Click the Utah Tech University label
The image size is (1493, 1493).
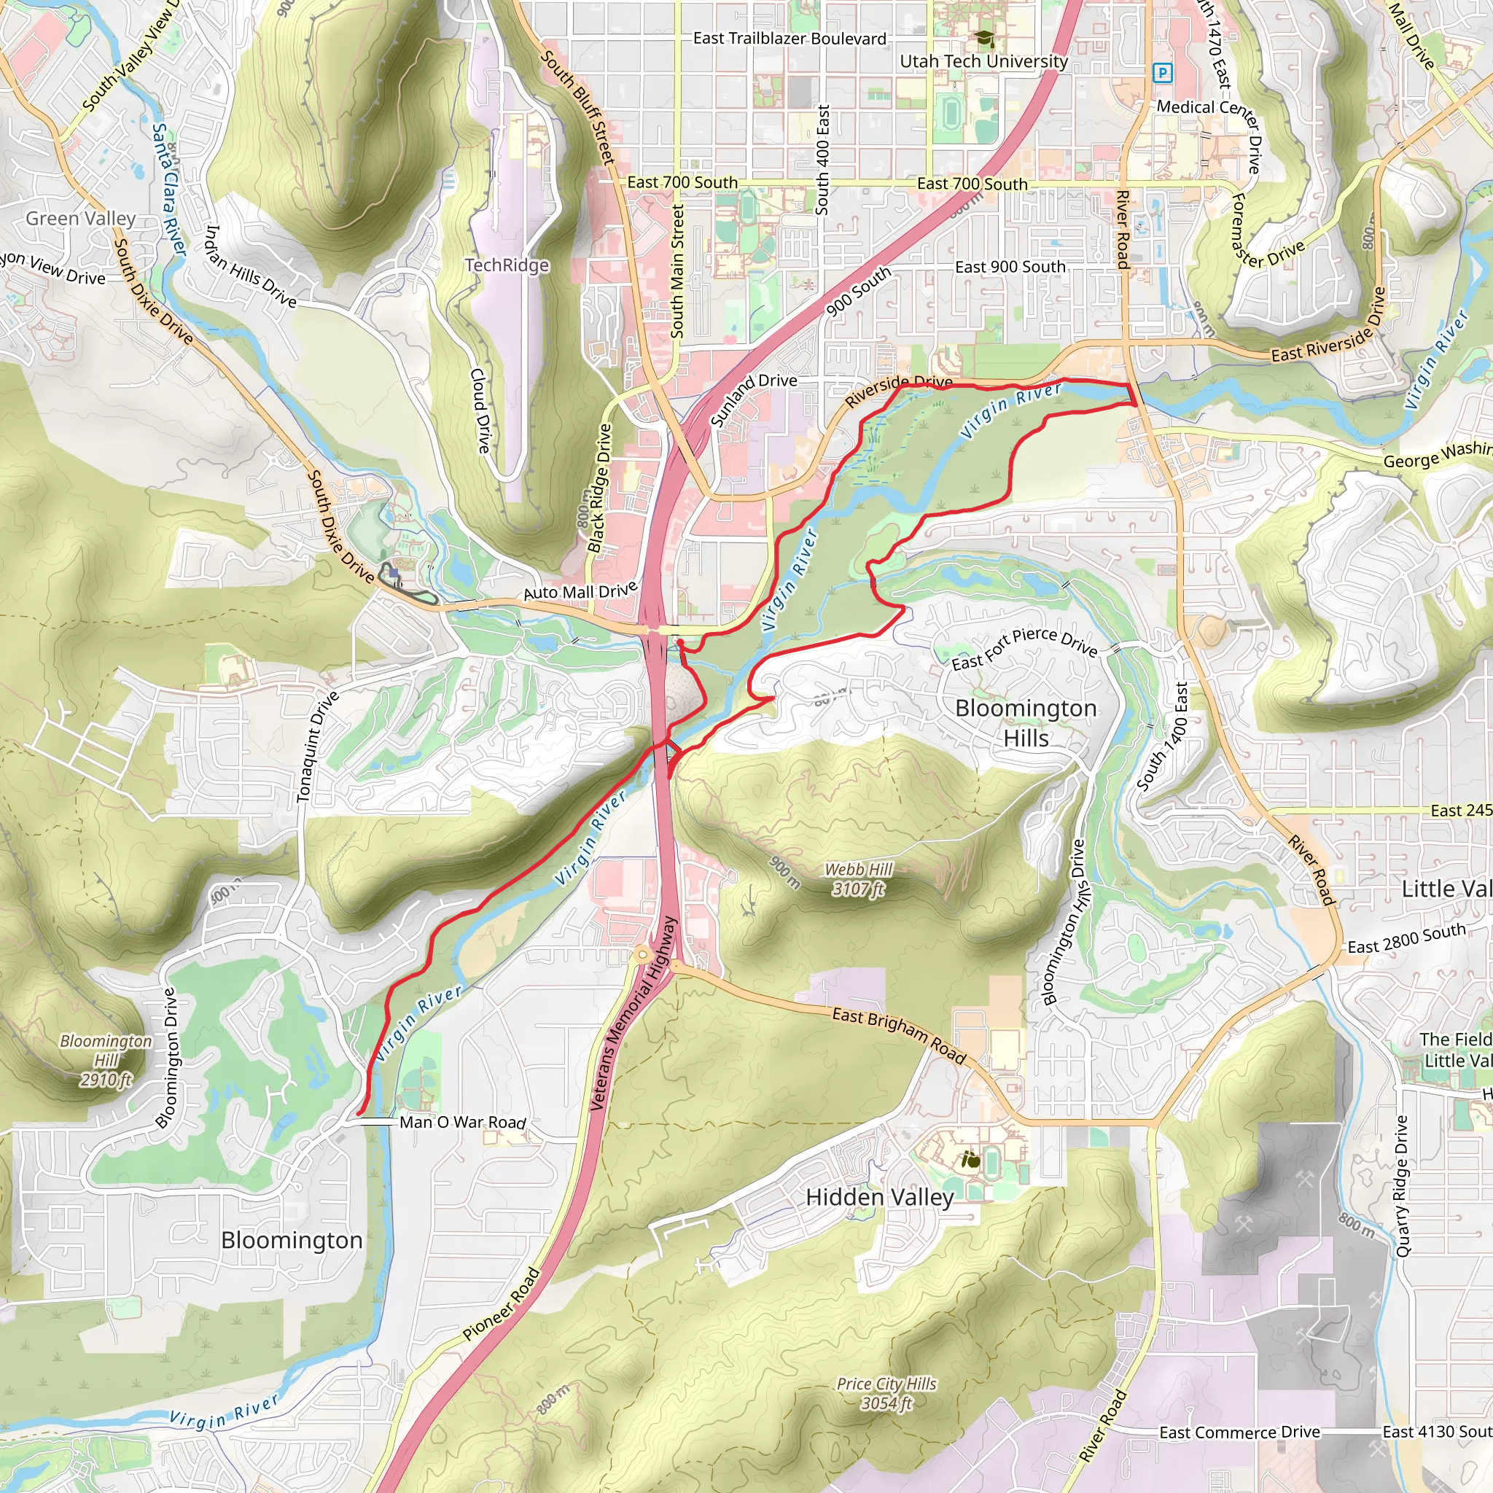983,61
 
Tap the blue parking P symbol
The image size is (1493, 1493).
1161,74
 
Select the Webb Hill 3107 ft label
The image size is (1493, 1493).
858,879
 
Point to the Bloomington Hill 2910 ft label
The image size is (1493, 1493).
106,1060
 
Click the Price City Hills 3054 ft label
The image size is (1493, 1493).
886,1393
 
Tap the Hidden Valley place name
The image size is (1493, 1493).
879,1198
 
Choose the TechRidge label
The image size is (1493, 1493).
506,265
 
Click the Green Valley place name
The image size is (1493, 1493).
80,219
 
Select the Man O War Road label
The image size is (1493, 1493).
462,1122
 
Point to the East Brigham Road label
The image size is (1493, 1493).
899,1035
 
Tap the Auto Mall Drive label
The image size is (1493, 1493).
580,591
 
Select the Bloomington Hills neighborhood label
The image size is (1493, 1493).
1026,722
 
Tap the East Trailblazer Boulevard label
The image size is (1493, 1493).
789,39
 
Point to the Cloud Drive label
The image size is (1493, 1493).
480,410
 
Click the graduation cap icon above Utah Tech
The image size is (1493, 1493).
983,39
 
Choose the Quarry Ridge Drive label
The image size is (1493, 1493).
1403,1185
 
